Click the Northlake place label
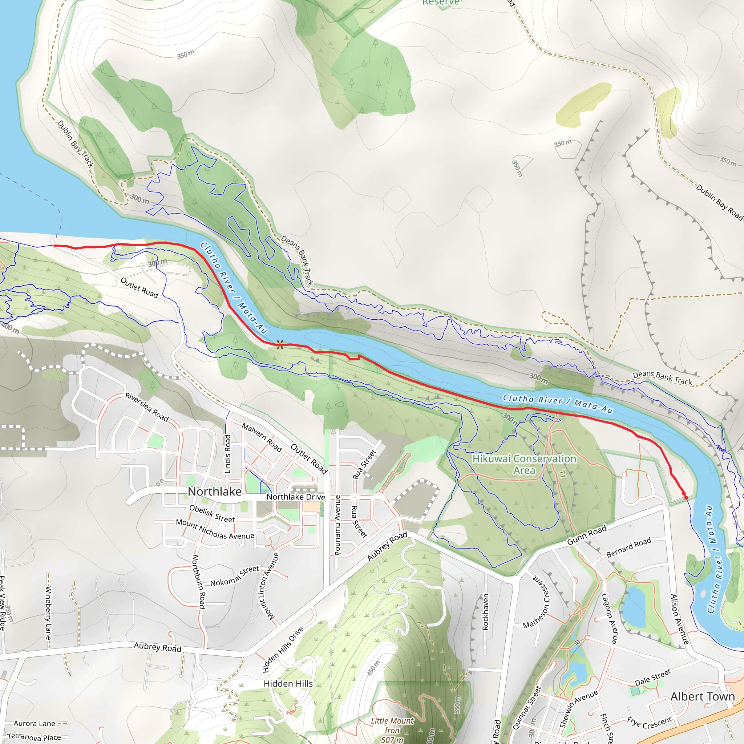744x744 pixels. point(214,492)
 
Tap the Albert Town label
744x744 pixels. point(703,697)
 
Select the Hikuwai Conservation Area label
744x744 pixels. point(524,464)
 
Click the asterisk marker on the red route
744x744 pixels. point(280,345)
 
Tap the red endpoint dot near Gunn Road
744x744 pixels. point(686,498)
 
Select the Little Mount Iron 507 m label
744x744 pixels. point(392,730)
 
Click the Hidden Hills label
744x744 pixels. point(288,684)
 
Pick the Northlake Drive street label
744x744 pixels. point(296,497)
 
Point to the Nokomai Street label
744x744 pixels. point(235,576)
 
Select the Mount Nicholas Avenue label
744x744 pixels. point(215,530)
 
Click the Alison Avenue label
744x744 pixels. point(679,619)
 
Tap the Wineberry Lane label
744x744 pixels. point(48,612)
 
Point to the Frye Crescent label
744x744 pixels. point(649,723)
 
